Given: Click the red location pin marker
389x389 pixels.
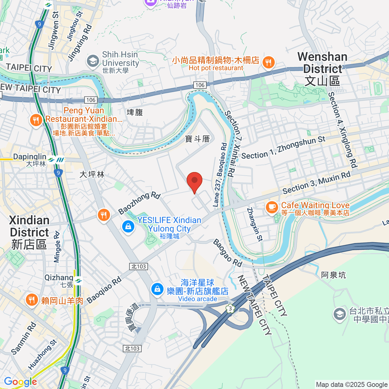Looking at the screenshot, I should (x=194, y=181).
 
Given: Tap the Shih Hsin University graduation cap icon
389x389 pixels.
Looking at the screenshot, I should (x=93, y=61).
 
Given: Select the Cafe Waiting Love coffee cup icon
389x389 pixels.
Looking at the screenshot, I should (x=272, y=207).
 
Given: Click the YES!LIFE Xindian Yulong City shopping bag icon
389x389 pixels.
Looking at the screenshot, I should (x=128, y=226).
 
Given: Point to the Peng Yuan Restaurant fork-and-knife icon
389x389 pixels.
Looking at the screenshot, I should (x=36, y=120).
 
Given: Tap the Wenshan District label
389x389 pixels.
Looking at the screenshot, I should (x=322, y=69).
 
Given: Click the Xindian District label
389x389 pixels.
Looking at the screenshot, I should (x=29, y=232).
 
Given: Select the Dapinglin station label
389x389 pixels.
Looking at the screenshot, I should (x=30, y=160).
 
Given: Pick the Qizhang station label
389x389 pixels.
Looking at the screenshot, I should (x=59, y=280).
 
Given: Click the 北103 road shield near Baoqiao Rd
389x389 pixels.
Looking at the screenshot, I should (x=139, y=266).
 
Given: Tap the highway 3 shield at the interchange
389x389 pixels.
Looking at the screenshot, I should (x=230, y=308).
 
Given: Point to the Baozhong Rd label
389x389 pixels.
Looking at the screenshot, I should (x=139, y=203).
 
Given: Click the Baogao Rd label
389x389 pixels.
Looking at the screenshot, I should (x=228, y=253).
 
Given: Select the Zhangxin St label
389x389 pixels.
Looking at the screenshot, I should (x=254, y=224).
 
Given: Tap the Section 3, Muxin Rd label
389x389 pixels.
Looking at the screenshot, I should (x=316, y=183).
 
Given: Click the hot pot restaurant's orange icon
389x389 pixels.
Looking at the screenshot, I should (x=268, y=62).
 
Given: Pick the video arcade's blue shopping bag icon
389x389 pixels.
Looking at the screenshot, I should (x=158, y=289).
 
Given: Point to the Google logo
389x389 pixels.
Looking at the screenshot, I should (x=20, y=382).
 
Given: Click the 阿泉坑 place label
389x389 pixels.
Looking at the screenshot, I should (x=333, y=275).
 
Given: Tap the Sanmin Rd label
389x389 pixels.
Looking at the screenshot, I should (x=23, y=338).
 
